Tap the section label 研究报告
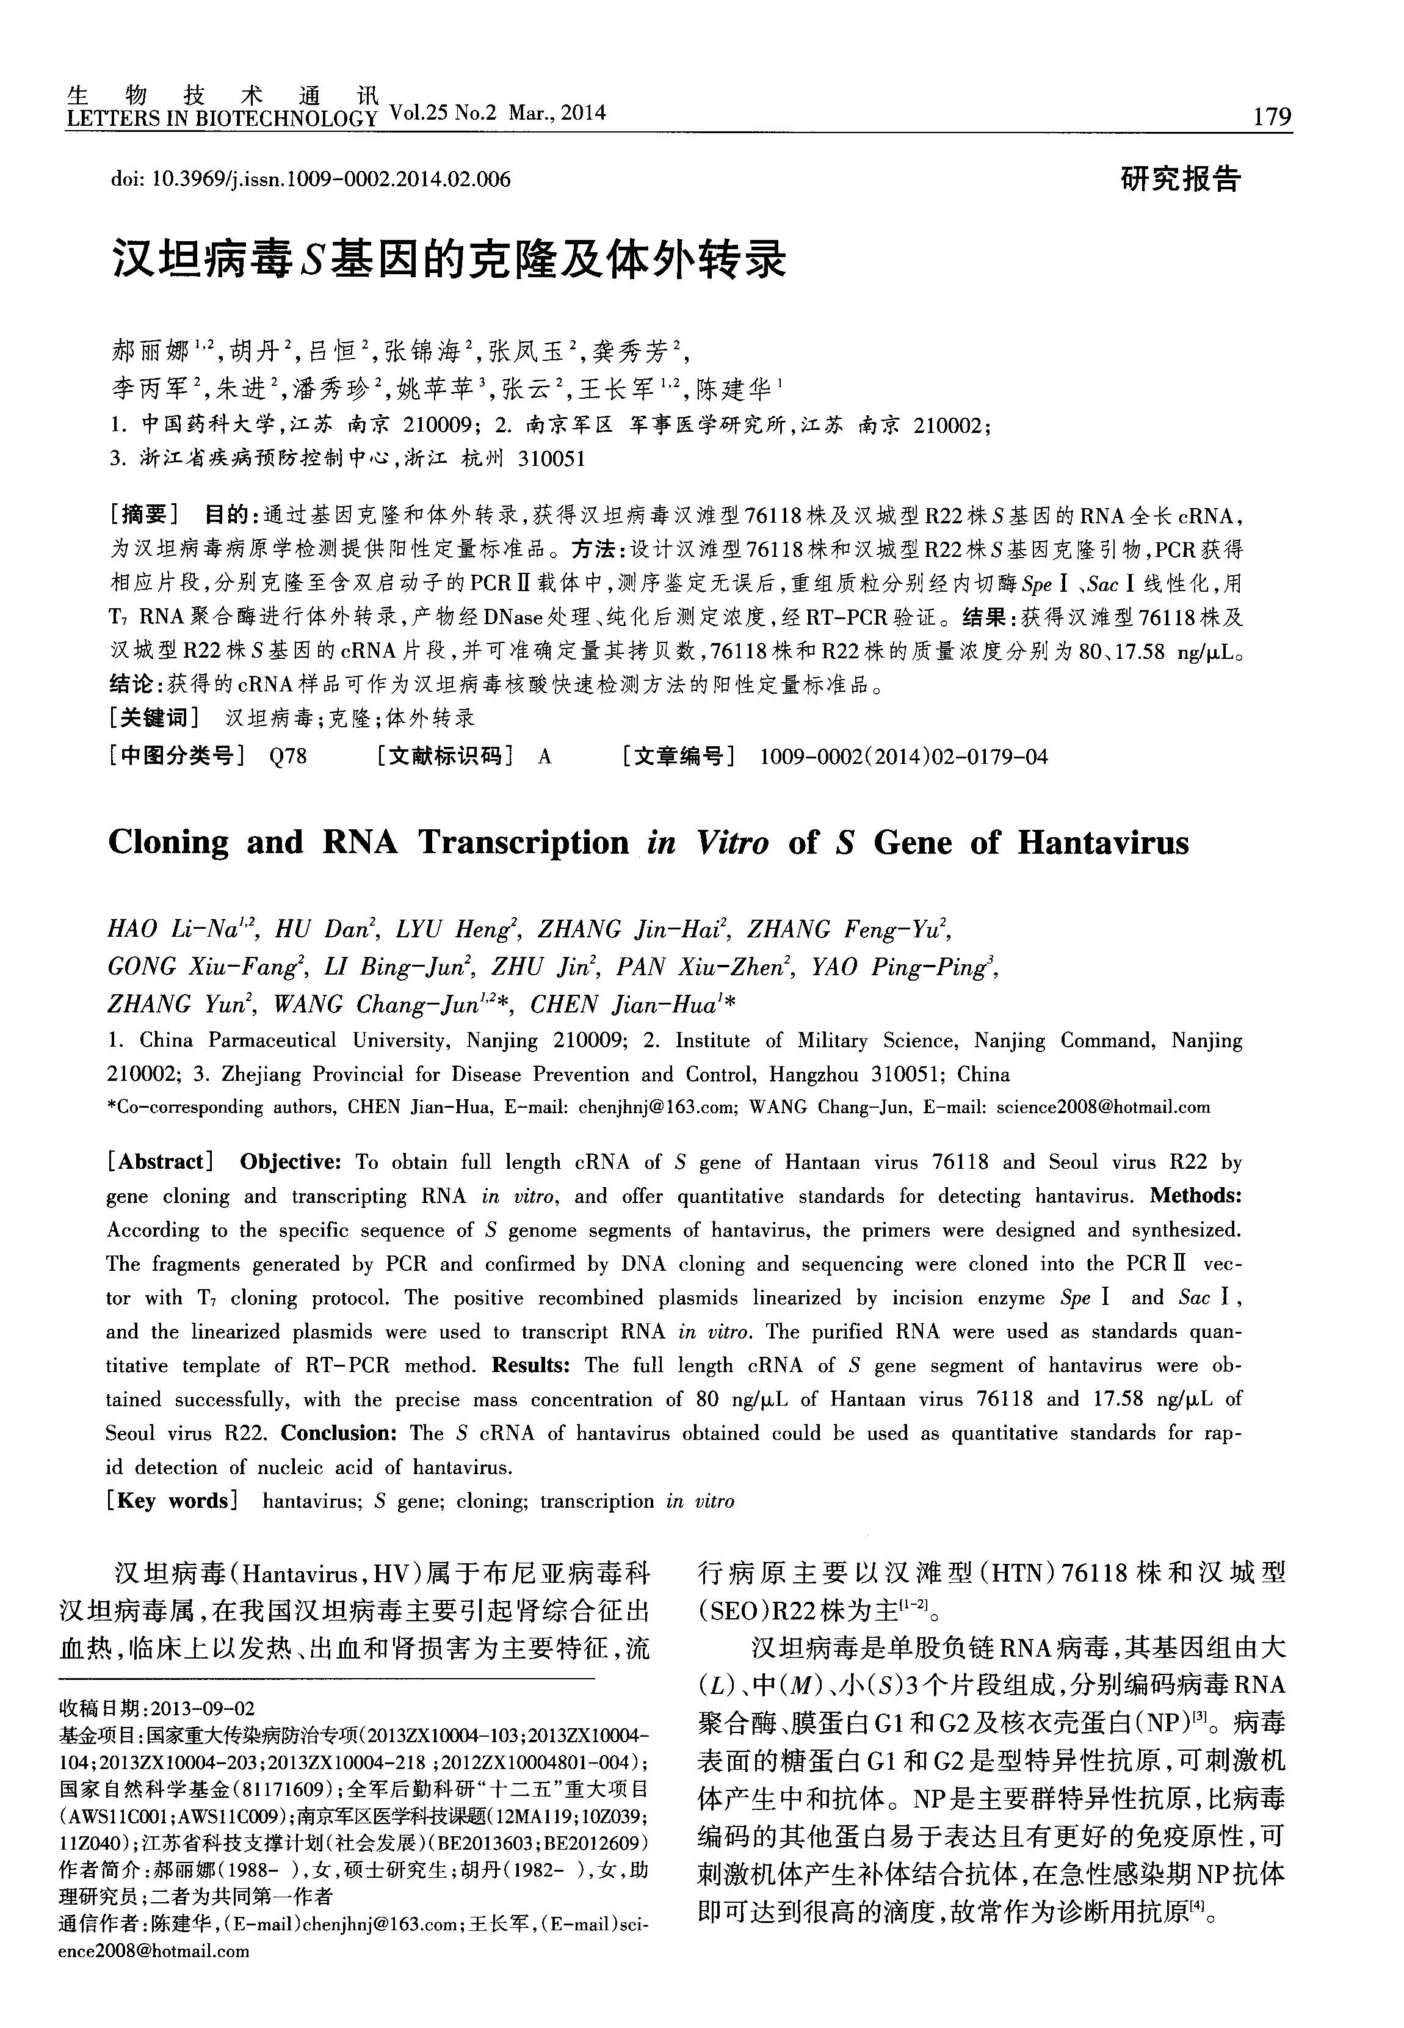[x=1181, y=178]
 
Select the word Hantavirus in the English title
[x=1103, y=843]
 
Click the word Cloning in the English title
[x=168, y=843]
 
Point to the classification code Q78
[x=289, y=756]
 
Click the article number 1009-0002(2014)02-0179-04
[x=903, y=756]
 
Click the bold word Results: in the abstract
[x=531, y=1365]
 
